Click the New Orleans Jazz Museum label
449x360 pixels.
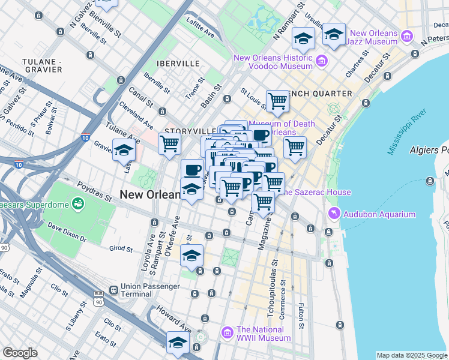(373, 37)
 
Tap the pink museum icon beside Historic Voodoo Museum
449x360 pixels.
(321, 61)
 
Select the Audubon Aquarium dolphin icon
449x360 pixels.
(333, 214)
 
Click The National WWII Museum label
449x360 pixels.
(264, 334)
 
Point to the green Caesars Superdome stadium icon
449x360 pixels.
(77, 205)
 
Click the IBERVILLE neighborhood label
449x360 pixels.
(176, 64)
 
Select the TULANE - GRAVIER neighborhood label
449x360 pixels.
(42, 65)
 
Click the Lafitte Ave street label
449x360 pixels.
(200, 25)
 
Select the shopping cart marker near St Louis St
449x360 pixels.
(277, 101)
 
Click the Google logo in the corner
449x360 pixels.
(20, 353)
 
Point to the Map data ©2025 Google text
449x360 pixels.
(411, 355)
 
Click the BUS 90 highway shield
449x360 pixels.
(98, 298)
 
